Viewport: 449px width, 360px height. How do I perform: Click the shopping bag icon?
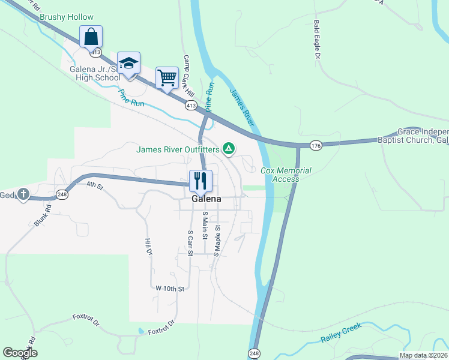tap(91, 37)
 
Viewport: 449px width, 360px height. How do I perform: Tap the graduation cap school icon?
tap(128, 63)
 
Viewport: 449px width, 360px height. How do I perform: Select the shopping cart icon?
tap(167, 77)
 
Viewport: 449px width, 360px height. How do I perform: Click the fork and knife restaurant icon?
tap(200, 180)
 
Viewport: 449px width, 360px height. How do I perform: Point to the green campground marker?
tap(228, 148)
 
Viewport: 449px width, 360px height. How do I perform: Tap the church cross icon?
tap(23, 194)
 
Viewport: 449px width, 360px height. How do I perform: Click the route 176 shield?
tap(316, 145)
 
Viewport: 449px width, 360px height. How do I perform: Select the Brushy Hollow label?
tap(67, 17)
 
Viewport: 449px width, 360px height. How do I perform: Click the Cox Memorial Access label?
tap(286, 175)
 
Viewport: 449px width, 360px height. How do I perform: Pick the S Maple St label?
tap(218, 238)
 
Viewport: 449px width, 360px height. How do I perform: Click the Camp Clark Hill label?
tap(188, 77)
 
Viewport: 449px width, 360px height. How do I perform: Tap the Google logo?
tap(20, 353)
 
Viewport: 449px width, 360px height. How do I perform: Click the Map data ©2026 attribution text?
tap(423, 355)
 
